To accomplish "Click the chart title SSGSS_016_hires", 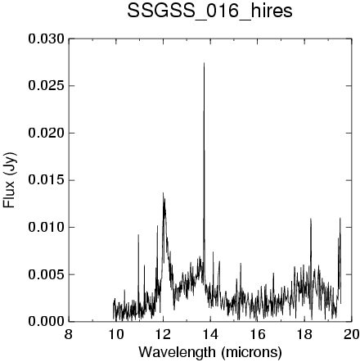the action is point(209,11).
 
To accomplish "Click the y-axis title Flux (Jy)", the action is point(10,180).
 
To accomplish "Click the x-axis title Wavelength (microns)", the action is point(210,352).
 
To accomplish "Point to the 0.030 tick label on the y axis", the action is point(47,39).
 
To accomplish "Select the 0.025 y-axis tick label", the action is point(47,86).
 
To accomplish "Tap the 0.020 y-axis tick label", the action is point(47,133).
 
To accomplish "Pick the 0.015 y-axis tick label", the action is point(47,180).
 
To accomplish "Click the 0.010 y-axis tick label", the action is point(47,227).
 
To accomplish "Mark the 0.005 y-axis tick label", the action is point(47,274).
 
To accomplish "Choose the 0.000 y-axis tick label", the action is point(47,321).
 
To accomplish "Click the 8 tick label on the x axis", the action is point(69,334).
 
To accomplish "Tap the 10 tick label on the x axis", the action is point(115,334).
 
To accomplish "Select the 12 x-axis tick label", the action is point(163,334).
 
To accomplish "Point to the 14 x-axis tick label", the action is point(210,334).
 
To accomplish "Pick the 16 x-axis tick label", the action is point(257,334).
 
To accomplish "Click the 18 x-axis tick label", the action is point(304,334).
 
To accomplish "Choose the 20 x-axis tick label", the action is point(352,334).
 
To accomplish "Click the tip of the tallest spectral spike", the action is point(204,63).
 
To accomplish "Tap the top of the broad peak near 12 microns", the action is point(164,192).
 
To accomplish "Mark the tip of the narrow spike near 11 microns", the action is point(138,234).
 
